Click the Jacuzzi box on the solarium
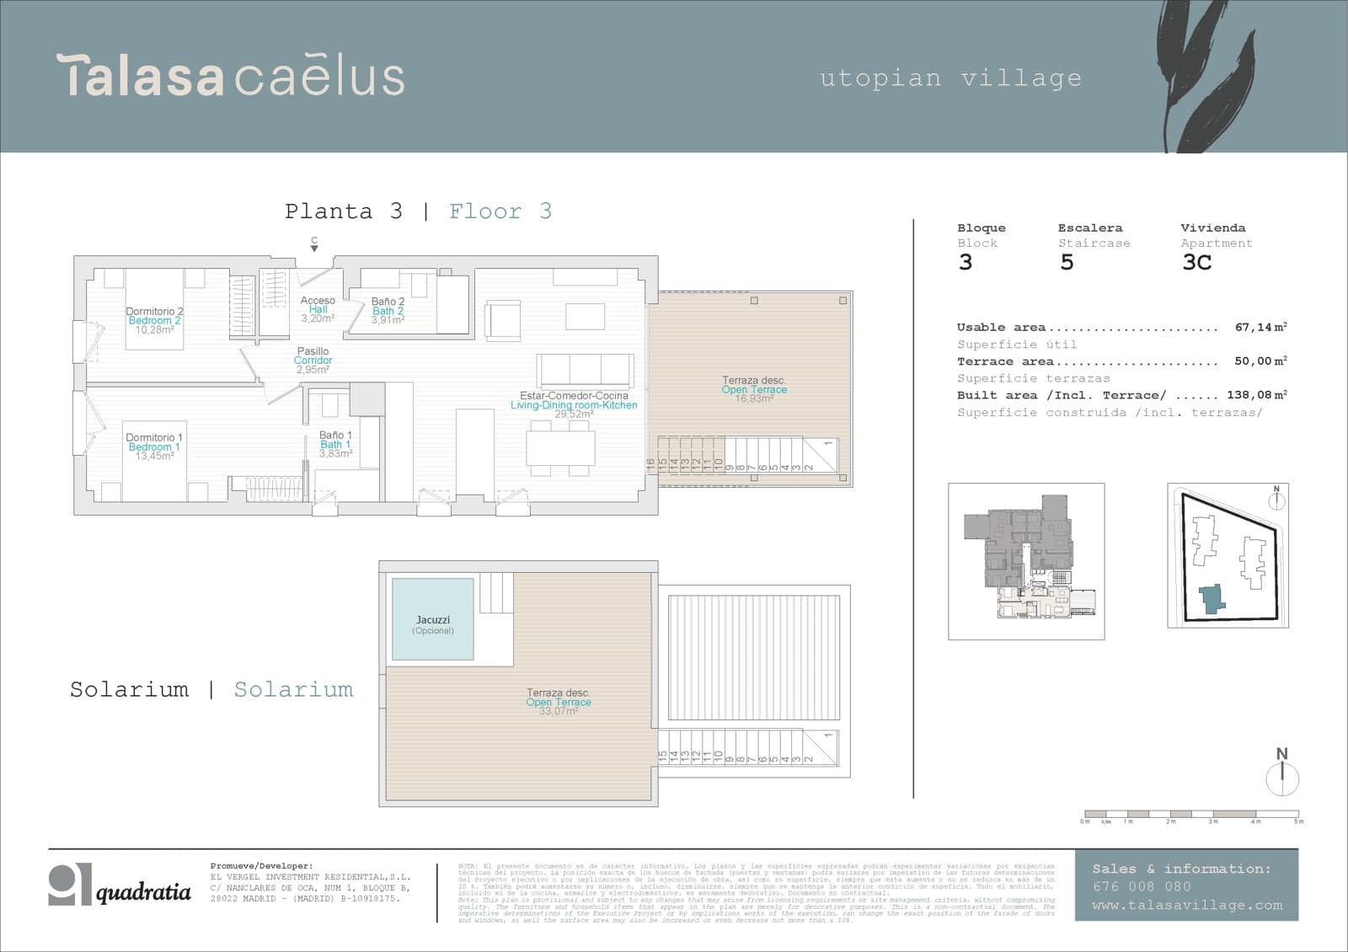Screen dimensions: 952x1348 pos(432,620)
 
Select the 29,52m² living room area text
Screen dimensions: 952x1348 pos(573,414)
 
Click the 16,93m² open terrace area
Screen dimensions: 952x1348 pos(753,398)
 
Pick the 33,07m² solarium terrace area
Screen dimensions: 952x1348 pos(558,712)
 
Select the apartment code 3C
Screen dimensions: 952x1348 pos(1196,262)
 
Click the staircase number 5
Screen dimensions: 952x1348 pos(1067,262)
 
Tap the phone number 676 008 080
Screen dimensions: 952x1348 pos(1142,886)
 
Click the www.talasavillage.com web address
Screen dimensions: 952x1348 pos(1186,906)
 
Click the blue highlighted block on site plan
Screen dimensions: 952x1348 pos(1212,599)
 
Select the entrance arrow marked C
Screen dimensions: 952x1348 pos(314,244)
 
